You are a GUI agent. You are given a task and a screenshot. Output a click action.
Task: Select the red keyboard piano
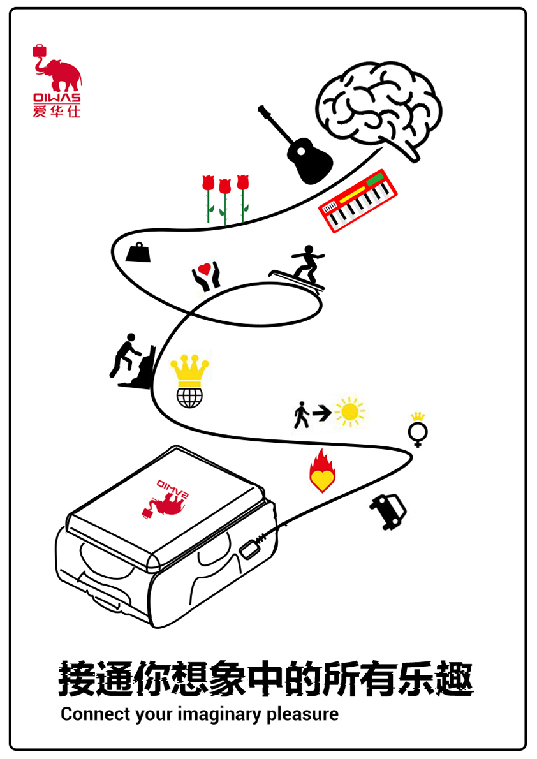[358, 201]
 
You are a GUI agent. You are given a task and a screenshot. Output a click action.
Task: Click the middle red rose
[224, 201]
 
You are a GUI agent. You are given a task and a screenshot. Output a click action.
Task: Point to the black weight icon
[138, 253]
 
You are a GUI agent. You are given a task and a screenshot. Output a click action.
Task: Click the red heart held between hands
[204, 268]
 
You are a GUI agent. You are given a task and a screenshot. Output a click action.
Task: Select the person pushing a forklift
[132, 360]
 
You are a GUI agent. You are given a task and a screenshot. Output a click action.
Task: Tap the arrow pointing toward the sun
[321, 413]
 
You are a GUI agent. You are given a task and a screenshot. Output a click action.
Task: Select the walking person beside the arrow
[301, 415]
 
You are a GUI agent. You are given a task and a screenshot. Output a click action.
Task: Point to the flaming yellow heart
[322, 471]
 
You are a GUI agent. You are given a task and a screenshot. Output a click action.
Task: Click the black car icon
[389, 511]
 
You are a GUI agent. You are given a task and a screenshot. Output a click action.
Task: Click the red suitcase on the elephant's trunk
[40, 51]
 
